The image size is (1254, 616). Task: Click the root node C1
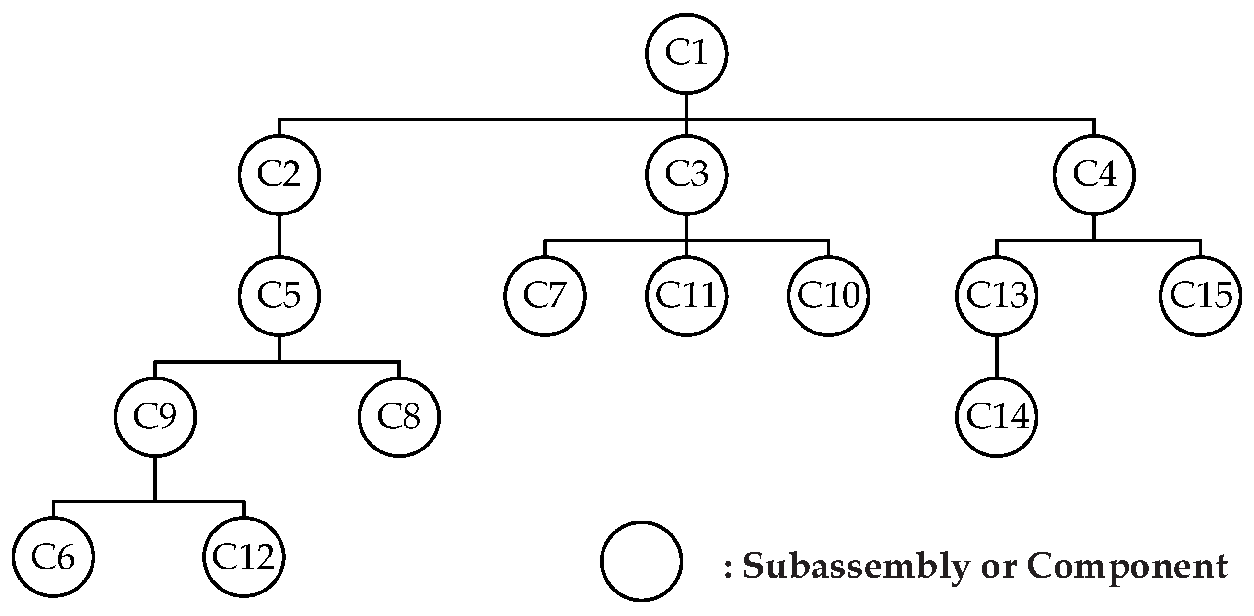tap(686, 53)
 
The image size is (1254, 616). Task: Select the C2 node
tap(279, 175)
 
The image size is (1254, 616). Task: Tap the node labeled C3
tap(686, 175)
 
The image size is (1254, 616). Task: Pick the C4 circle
tap(1094, 175)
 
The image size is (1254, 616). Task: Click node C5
tap(279, 296)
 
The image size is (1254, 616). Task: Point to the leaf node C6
tap(53, 557)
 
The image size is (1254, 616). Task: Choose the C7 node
tap(545, 296)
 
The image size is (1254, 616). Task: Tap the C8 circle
tap(399, 417)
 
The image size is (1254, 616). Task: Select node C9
tap(155, 417)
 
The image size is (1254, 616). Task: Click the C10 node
tap(828, 296)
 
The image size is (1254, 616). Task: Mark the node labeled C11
tap(686, 296)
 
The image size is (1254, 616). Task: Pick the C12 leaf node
tap(244, 557)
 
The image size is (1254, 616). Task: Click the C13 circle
tap(997, 296)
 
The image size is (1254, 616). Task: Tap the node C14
tap(997, 417)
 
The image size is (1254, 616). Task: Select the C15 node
tap(1200, 296)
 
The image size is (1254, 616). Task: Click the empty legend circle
tap(641, 561)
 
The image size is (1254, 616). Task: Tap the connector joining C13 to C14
tap(997, 356)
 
